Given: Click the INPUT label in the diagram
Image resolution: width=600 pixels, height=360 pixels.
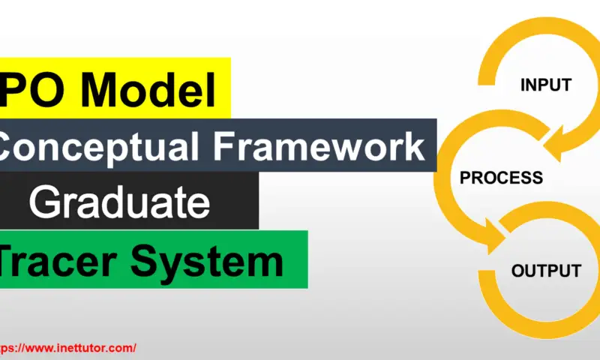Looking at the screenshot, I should (546, 85).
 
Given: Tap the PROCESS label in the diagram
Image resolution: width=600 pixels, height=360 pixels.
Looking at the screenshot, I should (501, 178).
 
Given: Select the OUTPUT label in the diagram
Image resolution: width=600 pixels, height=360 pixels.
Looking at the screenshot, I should (546, 271).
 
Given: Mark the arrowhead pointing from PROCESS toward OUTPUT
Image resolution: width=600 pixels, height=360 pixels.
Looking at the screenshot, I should (495, 238).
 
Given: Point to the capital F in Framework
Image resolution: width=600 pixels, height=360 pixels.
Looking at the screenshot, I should (224, 146).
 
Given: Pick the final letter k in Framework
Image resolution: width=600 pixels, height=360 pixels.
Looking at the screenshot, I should (414, 146).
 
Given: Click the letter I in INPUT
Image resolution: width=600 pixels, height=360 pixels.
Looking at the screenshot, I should (523, 85).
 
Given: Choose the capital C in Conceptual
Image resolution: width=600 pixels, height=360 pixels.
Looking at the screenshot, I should (9, 146).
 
